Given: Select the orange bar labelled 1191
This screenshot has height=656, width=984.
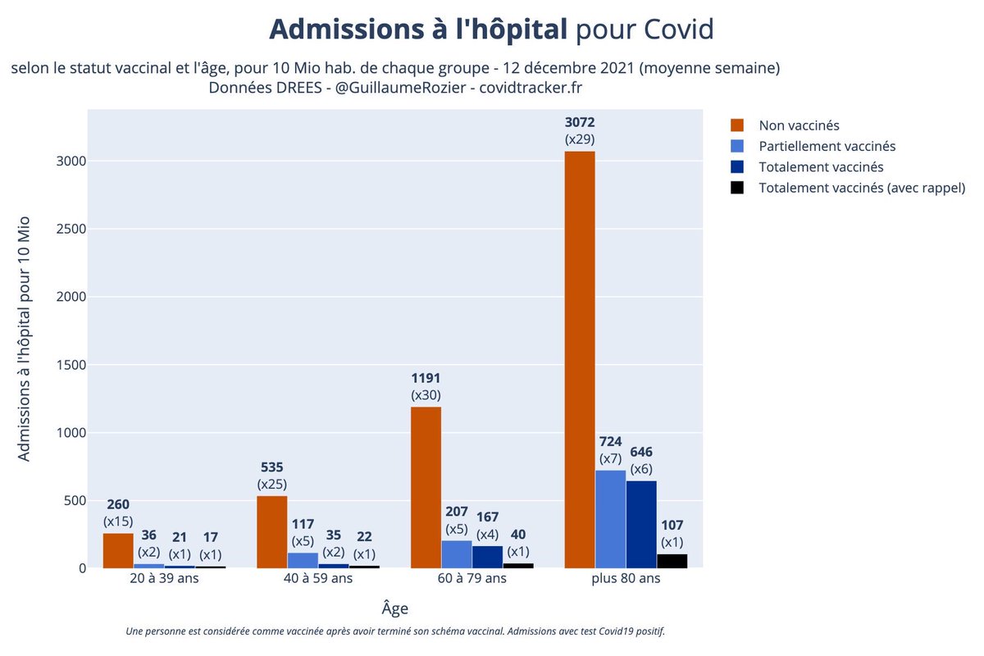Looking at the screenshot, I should [426, 487].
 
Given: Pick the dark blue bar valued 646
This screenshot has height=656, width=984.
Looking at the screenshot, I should [641, 524].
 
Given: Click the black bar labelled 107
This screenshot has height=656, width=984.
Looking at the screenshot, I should [672, 561].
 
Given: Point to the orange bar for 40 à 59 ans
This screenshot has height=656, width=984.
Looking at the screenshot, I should [271, 531].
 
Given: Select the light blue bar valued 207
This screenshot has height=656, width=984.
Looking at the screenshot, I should [457, 554].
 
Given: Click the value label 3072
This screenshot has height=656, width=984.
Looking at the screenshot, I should [580, 122].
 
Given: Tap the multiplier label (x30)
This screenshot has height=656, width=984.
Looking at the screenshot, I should [426, 395].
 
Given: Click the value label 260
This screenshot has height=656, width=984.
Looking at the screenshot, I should [118, 503].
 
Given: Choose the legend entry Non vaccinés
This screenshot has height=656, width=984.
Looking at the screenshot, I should [799, 125].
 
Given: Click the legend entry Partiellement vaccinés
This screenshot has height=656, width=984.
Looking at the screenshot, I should [827, 146].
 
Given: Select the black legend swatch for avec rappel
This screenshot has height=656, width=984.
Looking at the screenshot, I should [736, 188].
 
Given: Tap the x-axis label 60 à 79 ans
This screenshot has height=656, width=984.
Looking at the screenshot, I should [471, 578].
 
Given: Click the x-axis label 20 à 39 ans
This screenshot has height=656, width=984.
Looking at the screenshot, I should [164, 578].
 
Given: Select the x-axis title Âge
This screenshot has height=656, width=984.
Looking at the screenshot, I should [394, 608].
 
